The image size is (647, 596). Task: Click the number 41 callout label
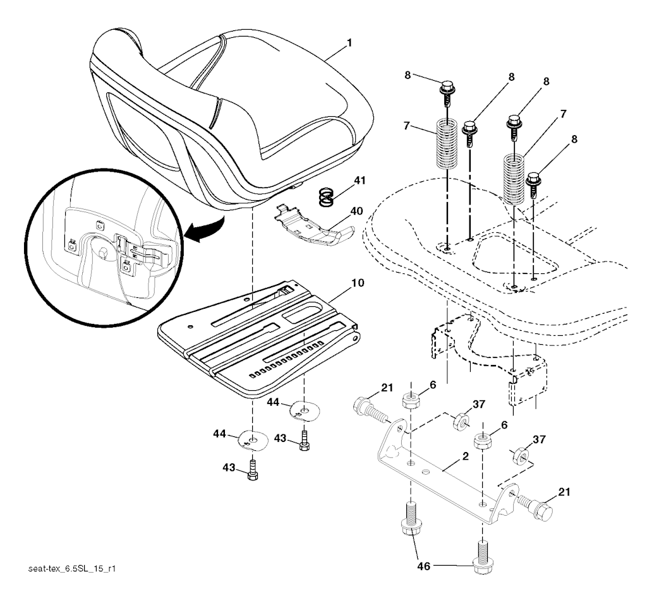(360, 180)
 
